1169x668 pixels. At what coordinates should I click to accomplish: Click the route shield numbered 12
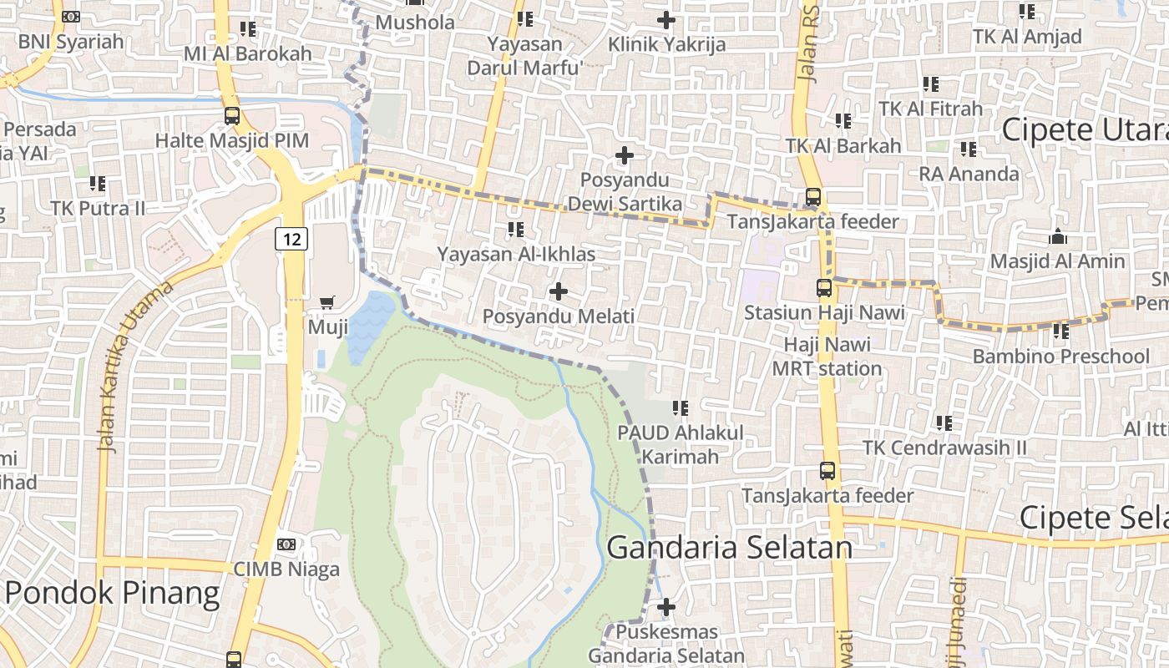coord(291,240)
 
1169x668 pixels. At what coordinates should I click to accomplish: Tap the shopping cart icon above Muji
coord(327,302)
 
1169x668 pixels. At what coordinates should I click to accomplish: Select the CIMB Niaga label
coord(286,569)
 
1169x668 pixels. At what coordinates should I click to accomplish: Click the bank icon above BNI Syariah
coord(71,17)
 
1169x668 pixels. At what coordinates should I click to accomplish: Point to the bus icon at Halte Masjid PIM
coord(232,116)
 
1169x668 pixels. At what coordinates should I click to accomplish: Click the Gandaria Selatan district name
coord(729,548)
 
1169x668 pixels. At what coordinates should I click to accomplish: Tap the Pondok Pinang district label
coord(112,592)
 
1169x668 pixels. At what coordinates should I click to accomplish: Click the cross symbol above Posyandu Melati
coord(559,291)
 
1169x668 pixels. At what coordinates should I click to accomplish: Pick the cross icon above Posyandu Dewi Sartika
coord(625,155)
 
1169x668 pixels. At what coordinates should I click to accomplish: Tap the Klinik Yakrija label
coord(666,44)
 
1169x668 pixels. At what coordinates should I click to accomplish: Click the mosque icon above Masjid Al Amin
coord(1057,237)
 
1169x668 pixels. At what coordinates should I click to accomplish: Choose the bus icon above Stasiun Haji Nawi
coord(824,289)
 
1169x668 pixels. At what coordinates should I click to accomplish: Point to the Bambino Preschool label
coord(1060,357)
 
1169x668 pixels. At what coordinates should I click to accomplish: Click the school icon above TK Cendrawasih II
coord(944,423)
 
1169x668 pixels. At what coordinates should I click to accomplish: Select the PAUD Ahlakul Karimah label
coord(680,444)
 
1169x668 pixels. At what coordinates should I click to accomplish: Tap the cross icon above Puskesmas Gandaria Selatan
coord(666,607)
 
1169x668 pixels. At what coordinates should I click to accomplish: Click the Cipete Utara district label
coord(1085,130)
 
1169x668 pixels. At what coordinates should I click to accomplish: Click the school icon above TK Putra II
coord(98,183)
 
